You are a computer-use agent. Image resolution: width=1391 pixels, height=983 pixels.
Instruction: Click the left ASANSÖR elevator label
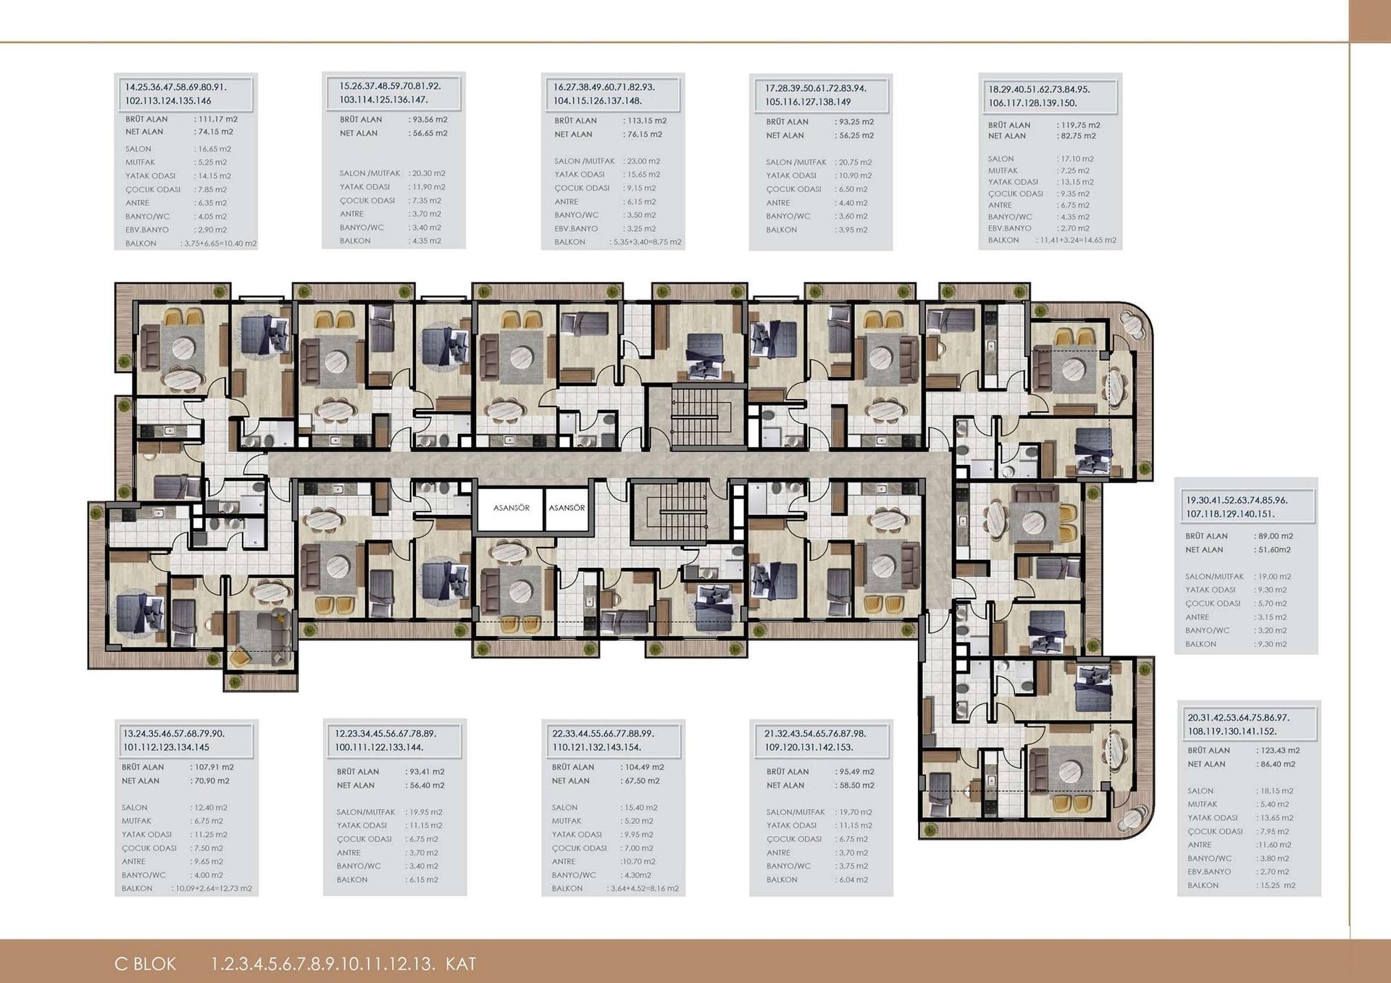tap(511, 508)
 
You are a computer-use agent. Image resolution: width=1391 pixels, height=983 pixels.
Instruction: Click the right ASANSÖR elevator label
tap(567, 508)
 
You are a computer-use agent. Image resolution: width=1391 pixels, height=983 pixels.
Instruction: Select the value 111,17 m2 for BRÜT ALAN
tap(217, 119)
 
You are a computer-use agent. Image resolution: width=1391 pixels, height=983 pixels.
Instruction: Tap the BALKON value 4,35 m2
tap(426, 240)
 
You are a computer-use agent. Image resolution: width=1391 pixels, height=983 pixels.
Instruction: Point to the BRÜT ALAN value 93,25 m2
tap(856, 122)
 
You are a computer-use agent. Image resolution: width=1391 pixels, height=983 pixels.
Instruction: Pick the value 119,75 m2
tap(1079, 125)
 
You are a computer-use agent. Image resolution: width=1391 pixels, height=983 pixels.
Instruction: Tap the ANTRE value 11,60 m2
tap(1274, 845)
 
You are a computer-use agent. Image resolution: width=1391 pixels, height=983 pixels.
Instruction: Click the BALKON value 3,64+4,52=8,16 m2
tap(644, 888)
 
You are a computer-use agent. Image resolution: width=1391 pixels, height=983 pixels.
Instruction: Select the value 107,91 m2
tap(213, 766)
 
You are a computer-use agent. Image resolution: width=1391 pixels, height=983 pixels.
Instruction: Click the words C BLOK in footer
tap(145, 964)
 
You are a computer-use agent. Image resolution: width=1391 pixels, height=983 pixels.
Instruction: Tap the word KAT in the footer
tap(461, 964)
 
